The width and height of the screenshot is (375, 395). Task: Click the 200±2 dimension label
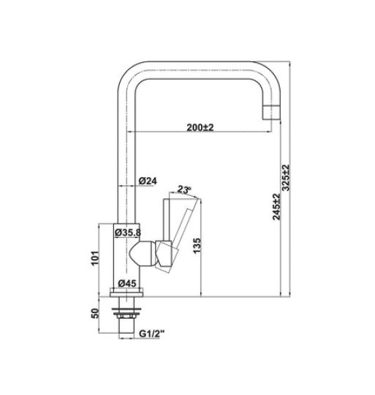pyautogui.click(x=199, y=127)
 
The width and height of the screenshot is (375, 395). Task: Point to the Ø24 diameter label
pyautogui.click(x=148, y=181)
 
